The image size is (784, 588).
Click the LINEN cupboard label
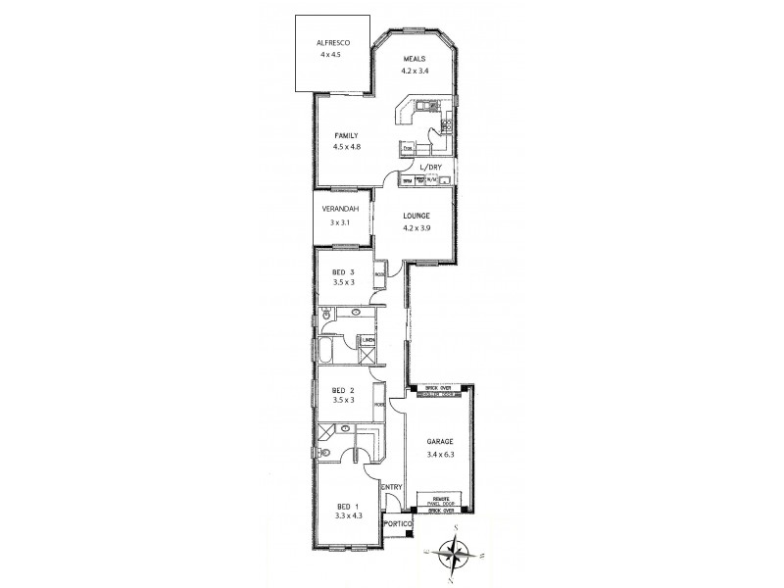368,340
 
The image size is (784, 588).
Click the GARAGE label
438,443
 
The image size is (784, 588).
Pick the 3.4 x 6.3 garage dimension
438,455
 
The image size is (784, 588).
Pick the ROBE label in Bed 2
378,402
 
